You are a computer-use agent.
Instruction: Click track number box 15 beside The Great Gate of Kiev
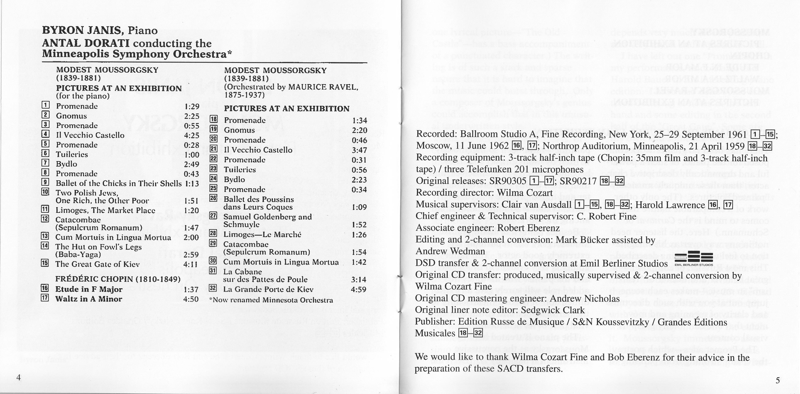45,263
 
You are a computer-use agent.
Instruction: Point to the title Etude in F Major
89,289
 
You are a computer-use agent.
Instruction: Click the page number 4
19,378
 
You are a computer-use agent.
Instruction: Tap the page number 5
778,380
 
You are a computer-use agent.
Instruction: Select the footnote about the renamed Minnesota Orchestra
271,300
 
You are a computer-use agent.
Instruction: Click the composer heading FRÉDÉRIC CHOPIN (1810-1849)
118,279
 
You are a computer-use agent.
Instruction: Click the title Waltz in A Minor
89,299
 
